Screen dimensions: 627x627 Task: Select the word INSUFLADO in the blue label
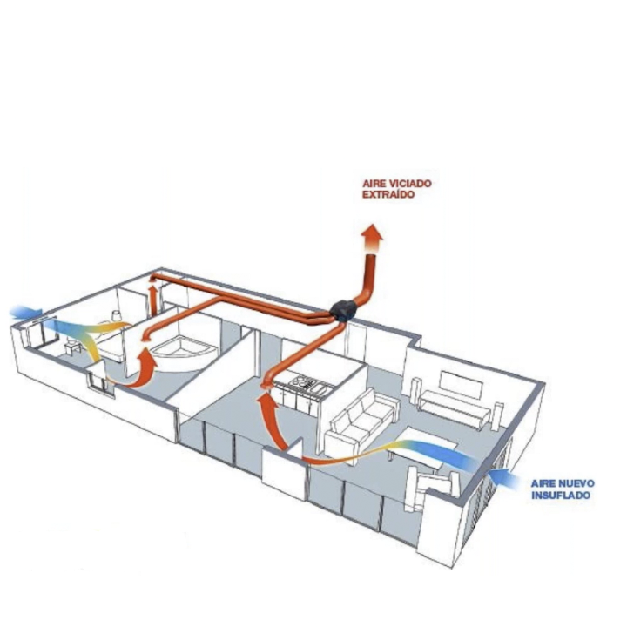(x=561, y=495)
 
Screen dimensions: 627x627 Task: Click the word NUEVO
(x=576, y=483)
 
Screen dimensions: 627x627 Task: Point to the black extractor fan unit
(x=344, y=310)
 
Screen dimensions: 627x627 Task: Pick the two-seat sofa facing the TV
(x=360, y=421)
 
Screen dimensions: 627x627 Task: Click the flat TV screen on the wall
(x=460, y=385)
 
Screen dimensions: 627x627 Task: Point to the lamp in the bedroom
(x=117, y=315)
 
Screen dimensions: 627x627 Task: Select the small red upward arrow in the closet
(x=152, y=299)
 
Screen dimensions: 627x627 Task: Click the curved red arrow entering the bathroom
(x=141, y=370)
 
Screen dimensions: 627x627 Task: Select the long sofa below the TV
(x=454, y=408)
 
